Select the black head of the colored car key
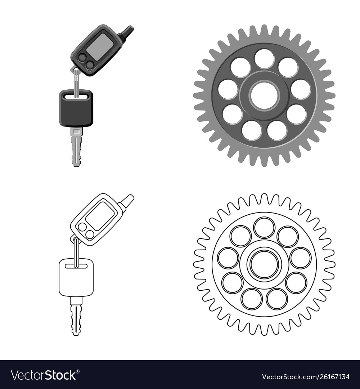tap(76, 108)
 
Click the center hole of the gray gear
tap(264, 96)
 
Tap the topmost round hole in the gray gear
tap(264, 59)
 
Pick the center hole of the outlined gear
tap(264, 264)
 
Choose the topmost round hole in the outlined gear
tap(264, 228)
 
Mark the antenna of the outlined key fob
tap(127, 201)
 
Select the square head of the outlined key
tap(76, 277)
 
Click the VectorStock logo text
tap(44, 375)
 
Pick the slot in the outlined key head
tap(76, 266)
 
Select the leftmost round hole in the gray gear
tap(228, 89)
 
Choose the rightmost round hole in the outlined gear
tap(301, 258)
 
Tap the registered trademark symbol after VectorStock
tap(78, 371)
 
